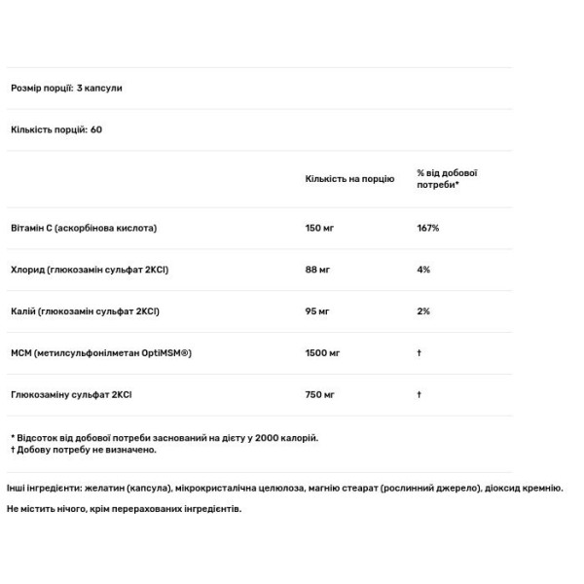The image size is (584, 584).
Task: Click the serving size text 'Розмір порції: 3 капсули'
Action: point(66,89)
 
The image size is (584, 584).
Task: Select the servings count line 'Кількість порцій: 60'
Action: point(56,129)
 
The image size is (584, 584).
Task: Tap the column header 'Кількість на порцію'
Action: point(349,179)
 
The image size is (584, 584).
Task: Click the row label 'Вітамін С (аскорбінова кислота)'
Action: point(83,228)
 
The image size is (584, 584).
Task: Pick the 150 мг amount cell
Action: point(320,228)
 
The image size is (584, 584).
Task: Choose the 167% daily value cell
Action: point(428,228)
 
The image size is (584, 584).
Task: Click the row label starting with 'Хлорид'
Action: point(90,270)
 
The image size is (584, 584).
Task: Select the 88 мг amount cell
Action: point(317,270)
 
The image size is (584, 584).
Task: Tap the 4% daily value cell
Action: point(423,270)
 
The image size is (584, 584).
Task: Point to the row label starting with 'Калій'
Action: point(85,311)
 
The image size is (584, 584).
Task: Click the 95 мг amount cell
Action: point(317,311)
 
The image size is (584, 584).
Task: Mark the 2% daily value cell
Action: point(423,311)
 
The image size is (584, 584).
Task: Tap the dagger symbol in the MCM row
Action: point(419,352)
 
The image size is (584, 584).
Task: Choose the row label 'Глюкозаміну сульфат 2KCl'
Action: point(71,394)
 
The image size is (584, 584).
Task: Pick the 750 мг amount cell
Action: point(320,394)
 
